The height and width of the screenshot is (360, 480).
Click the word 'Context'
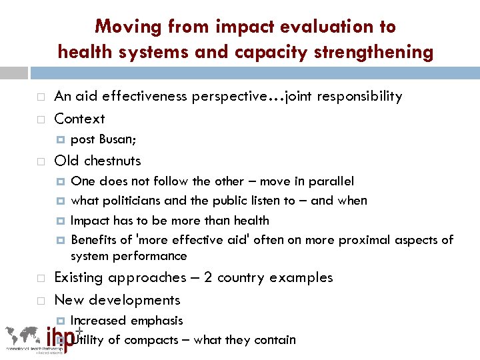point(79,119)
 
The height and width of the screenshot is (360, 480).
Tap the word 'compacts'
point(153,340)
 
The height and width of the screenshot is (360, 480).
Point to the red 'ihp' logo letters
point(63,337)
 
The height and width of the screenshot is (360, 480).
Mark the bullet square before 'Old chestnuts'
point(41,161)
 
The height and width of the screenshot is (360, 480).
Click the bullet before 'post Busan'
point(61,139)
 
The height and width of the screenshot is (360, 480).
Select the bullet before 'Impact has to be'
point(61,221)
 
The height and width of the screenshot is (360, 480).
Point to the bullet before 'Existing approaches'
point(41,278)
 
